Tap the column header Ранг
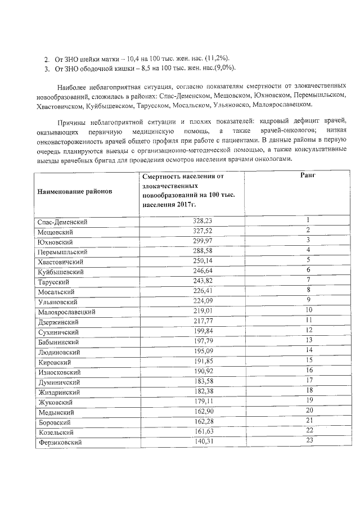pos(308,176)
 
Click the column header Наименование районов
pos(75,191)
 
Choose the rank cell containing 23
pos(308,440)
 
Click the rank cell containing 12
pos(308,330)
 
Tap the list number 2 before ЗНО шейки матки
pos(47,59)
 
